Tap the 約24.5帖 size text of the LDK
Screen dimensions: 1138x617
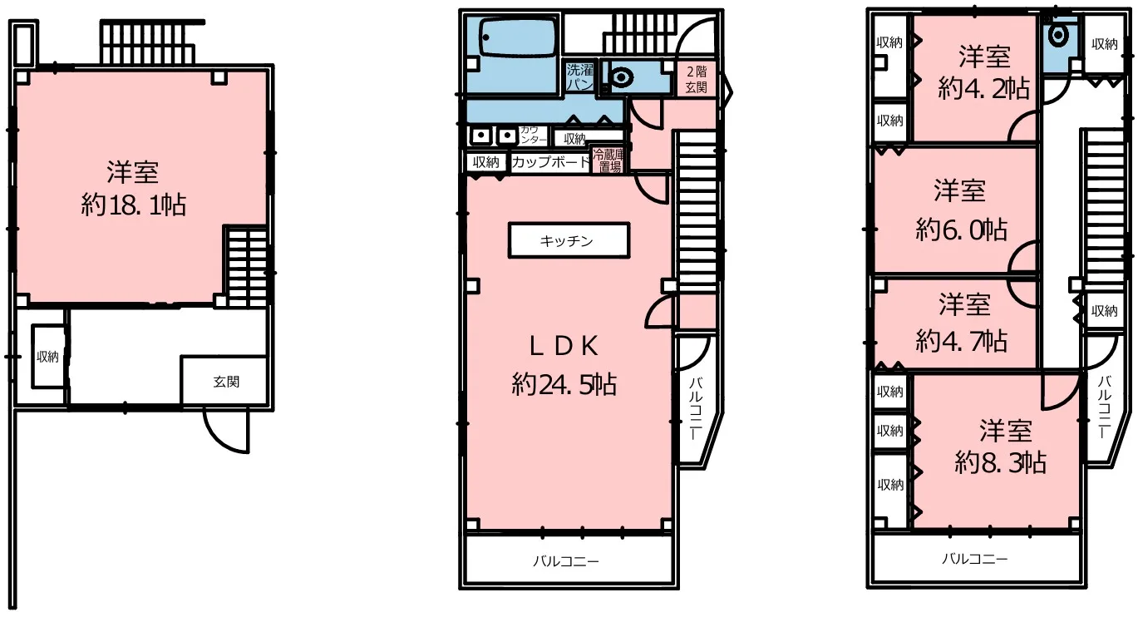coord(564,384)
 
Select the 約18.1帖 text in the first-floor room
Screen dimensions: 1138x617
coord(134,205)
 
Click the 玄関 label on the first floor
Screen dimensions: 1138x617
coord(226,382)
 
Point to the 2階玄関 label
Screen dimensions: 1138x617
coord(696,79)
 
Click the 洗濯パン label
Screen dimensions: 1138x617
coord(579,77)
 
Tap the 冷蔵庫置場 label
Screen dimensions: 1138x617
coord(608,160)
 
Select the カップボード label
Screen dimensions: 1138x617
coord(550,162)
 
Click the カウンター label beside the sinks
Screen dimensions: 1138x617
coord(533,135)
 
